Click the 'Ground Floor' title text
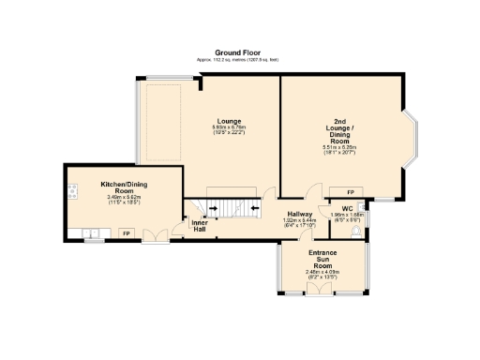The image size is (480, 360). (239, 53)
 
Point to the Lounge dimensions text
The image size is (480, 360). (230, 131)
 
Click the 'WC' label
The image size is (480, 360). (347, 207)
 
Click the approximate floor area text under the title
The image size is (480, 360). (239, 60)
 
